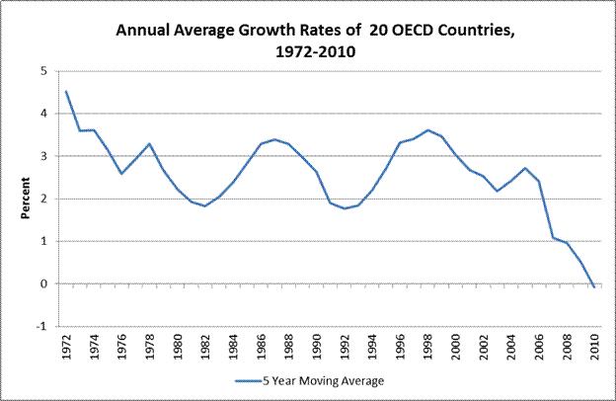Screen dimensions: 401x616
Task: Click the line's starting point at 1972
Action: (x=66, y=92)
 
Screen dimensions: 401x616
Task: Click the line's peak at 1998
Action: (x=426, y=130)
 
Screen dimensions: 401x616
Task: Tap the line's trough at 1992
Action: (x=344, y=208)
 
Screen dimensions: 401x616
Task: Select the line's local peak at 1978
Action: (x=149, y=144)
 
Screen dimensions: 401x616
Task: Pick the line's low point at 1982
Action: (x=204, y=205)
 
